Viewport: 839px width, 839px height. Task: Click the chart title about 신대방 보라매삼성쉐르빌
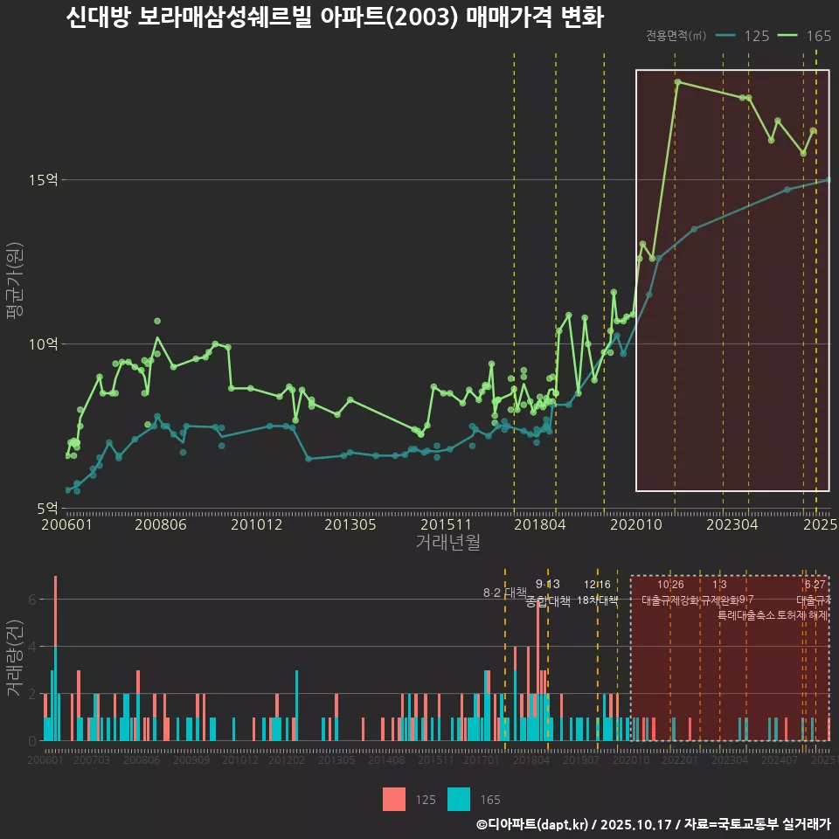click(335, 18)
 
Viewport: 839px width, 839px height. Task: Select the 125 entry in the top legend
click(757, 36)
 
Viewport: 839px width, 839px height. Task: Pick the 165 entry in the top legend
click(819, 36)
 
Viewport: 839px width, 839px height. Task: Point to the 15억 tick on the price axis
click(45, 180)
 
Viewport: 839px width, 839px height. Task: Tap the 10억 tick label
click(45, 343)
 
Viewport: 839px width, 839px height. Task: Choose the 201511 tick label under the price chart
click(443, 524)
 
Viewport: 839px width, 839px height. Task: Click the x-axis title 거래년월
click(447, 543)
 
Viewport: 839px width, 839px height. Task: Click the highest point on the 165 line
click(677, 81)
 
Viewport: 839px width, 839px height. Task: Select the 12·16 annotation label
click(598, 585)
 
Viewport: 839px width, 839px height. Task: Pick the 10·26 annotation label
click(670, 585)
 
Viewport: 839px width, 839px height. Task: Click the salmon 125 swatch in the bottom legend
click(393, 799)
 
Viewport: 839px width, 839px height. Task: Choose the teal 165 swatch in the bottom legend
click(458, 799)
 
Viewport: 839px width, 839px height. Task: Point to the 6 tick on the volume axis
click(31, 600)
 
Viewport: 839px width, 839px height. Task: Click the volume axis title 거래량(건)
click(14, 658)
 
